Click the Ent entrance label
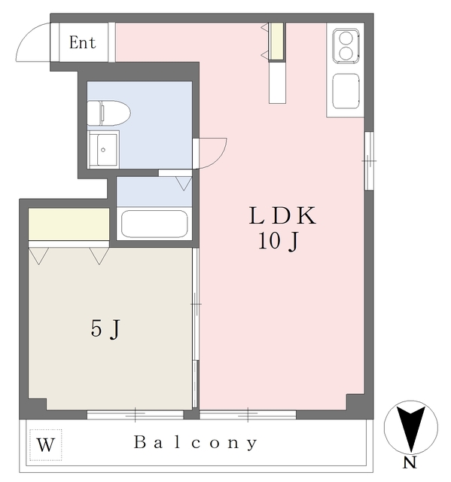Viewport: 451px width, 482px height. coord(82,42)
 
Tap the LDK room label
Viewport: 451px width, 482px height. coord(282,215)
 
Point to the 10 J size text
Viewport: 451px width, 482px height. coord(279,241)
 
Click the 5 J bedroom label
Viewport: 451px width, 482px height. coord(105,328)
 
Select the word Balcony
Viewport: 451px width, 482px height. coord(196,443)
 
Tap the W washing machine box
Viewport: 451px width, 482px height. coord(46,445)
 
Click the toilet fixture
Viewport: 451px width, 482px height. coord(108,113)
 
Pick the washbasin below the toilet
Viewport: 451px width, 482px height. coord(103,149)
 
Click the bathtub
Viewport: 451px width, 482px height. coord(154,224)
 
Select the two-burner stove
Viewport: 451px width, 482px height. coord(346,46)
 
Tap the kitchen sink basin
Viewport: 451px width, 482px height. coord(346,91)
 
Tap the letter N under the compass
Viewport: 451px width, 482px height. coord(410,462)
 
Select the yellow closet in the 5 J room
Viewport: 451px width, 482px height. coord(69,224)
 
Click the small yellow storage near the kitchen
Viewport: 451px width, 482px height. coord(277,41)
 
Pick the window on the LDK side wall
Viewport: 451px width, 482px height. coord(369,160)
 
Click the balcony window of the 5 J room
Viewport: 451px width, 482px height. coord(136,414)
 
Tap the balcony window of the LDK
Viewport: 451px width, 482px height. coord(248,414)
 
